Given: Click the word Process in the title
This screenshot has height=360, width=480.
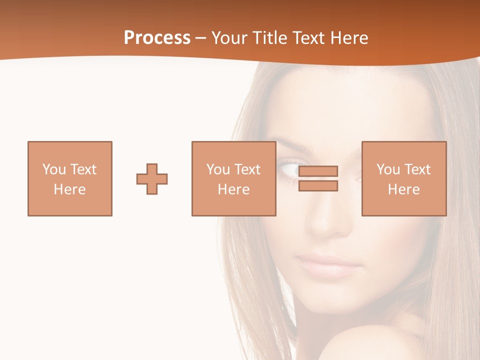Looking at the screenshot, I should point(157,38).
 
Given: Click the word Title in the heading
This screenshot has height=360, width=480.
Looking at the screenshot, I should point(270,38).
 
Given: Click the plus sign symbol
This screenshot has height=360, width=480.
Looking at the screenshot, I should point(152,179).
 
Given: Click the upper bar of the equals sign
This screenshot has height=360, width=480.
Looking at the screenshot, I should point(318,171).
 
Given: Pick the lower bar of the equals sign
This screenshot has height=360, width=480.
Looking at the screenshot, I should point(318,186).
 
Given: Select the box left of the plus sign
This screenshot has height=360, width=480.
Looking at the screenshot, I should point(70,178).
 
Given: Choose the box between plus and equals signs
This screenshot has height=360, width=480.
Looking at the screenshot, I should point(233,178).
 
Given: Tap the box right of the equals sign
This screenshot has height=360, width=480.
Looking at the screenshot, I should point(404,178).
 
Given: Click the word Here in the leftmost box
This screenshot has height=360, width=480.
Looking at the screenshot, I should point(69,189).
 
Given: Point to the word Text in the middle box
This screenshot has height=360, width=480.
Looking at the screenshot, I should point(247,169).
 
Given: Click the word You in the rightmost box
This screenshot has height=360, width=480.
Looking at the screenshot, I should point(388,169).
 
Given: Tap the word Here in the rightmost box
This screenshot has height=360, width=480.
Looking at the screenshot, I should point(404,189).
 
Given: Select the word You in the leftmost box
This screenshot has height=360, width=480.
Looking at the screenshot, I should point(54,169).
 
